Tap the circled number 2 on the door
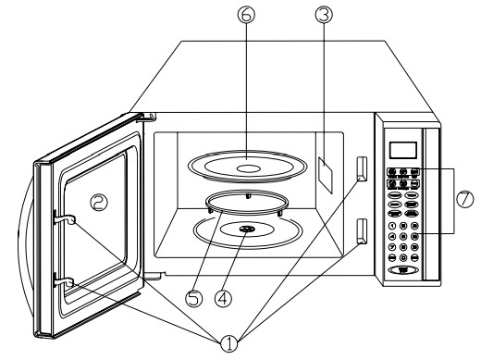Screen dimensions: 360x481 97,199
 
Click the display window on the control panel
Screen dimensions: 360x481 403,149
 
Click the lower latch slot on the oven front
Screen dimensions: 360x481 361,230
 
